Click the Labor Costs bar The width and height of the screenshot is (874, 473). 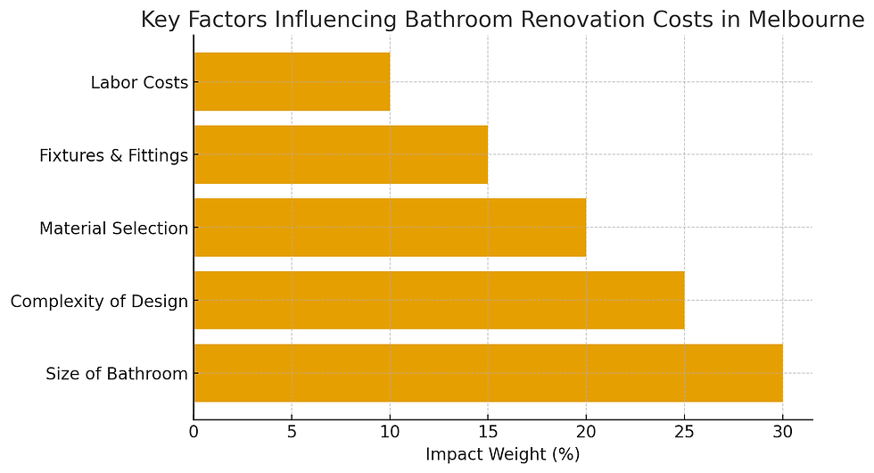click(x=292, y=82)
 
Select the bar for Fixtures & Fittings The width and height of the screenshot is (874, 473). click(x=341, y=154)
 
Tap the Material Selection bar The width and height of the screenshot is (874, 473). click(x=390, y=228)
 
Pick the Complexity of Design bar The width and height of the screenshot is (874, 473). click(x=439, y=300)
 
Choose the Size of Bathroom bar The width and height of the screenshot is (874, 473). click(x=488, y=373)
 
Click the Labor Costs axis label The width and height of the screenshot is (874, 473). click(x=139, y=83)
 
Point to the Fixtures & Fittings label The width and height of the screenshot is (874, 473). click(x=113, y=155)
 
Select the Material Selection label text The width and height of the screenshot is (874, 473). click(x=113, y=228)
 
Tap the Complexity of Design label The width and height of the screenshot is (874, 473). click(x=99, y=302)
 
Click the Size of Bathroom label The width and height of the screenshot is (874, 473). click(x=117, y=374)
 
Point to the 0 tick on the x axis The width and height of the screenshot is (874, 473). click(x=194, y=433)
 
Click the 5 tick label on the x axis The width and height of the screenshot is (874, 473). click(x=292, y=433)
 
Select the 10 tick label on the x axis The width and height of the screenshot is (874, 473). click(x=390, y=433)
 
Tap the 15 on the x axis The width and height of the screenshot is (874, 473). click(x=488, y=433)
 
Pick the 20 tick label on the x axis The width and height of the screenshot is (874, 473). click(x=586, y=433)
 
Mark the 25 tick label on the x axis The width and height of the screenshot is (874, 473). click(x=684, y=433)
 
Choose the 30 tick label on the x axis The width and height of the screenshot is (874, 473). click(x=782, y=433)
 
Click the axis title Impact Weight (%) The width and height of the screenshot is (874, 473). click(x=502, y=454)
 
